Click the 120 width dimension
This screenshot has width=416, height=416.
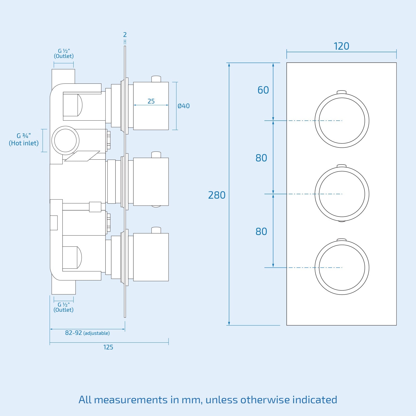tap(341, 46)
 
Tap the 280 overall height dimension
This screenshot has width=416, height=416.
tap(217, 195)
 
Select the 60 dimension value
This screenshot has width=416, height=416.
tap(263, 90)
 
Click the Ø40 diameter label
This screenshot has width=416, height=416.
tap(184, 106)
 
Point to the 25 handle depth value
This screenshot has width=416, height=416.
tap(151, 101)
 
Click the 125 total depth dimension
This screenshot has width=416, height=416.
tap(108, 347)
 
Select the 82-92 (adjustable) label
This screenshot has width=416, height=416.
tap(87, 333)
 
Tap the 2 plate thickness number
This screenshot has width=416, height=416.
tap(125, 35)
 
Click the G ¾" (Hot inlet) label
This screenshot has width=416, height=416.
tap(24, 139)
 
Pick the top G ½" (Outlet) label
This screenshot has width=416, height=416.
tap(64, 53)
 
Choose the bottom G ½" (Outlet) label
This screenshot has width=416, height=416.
tap(63, 307)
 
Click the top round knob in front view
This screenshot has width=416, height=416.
tap(342, 120)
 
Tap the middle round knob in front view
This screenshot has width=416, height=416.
tap(342, 194)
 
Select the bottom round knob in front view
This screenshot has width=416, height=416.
tap(342, 268)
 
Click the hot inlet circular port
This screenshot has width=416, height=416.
tap(66, 140)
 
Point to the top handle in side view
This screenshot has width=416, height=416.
tap(151, 106)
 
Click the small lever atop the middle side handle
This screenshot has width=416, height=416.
tap(156, 155)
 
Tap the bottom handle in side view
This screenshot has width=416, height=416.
tap(151, 257)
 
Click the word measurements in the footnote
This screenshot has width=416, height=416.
tap(131, 400)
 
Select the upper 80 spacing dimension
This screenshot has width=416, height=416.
tap(261, 158)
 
